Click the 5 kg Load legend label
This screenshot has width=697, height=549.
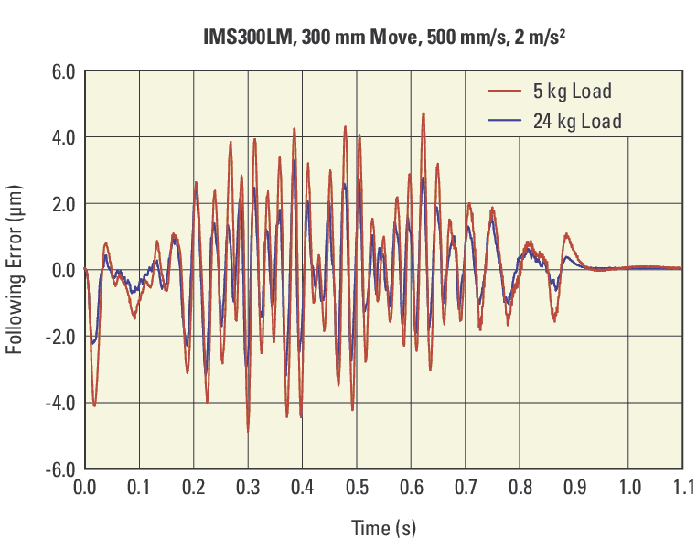pos(573,91)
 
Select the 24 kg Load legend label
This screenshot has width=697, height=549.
pos(577,121)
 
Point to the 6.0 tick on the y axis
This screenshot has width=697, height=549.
pos(59,71)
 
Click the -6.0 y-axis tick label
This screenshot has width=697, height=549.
pos(57,468)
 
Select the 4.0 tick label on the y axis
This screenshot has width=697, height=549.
pos(59,137)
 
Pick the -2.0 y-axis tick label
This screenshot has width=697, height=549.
pos(57,336)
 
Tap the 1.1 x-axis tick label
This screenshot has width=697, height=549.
pos(682,486)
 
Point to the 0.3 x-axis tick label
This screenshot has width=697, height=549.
pos(248,486)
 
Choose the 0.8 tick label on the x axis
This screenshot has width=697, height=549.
pos(520,486)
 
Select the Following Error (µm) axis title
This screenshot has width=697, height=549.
pos(16,270)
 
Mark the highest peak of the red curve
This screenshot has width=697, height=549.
pos(423,113)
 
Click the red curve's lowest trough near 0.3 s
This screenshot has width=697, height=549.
pos(247,430)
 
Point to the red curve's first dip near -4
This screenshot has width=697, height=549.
pos(94,404)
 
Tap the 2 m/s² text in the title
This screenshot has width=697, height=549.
pos(546,38)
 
